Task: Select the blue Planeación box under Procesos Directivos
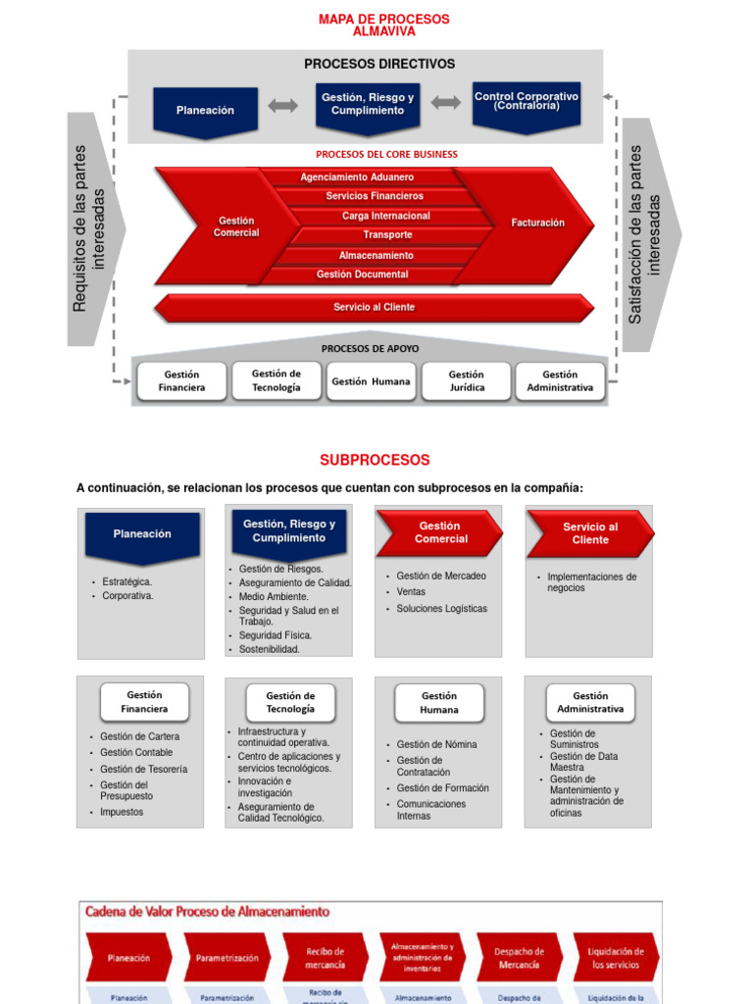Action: point(205,110)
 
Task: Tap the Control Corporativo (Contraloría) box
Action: point(526,104)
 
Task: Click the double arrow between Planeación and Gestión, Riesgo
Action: point(283,106)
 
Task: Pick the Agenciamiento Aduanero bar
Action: point(357,177)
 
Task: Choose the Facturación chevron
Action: point(537,224)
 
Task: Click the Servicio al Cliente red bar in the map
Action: point(374,307)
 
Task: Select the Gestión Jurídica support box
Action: point(466,380)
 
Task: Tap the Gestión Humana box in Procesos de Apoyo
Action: point(372,381)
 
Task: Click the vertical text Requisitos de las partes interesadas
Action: point(88,228)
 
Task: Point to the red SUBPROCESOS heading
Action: point(375,460)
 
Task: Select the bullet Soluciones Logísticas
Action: point(441,609)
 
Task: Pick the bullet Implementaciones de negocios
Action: point(591,582)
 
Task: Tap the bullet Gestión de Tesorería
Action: point(143,770)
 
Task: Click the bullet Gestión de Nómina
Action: point(436,745)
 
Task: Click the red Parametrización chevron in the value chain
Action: point(226,958)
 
